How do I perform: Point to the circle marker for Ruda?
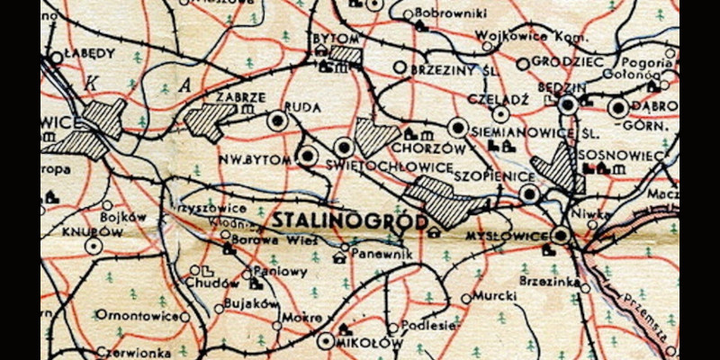point(278,119)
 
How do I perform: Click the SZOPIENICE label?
point(490,175)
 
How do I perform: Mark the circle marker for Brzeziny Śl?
point(400,67)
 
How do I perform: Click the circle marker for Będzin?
point(567,105)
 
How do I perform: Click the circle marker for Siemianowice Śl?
point(459,128)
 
